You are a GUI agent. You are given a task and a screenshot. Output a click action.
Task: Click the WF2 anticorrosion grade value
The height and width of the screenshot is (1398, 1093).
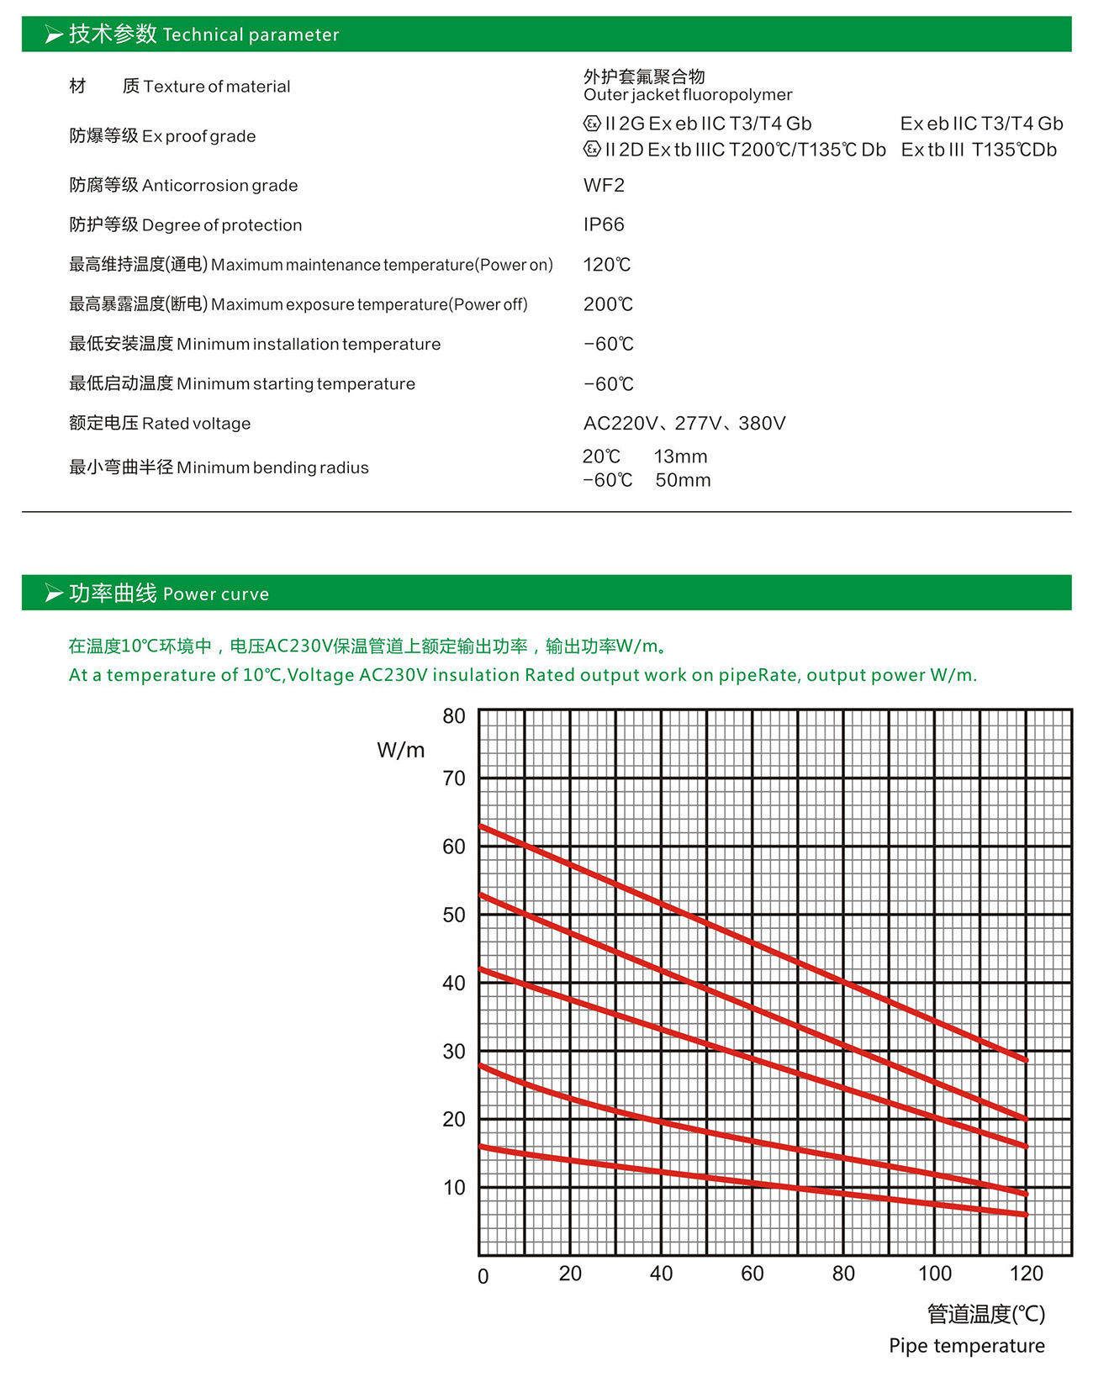click(604, 186)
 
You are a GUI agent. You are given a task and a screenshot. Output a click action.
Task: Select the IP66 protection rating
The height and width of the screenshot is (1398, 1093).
click(604, 224)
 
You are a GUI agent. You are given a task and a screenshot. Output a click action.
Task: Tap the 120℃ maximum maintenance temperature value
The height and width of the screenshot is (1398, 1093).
click(606, 265)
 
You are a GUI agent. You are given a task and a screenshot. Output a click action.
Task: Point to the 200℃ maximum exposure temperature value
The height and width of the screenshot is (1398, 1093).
click(608, 304)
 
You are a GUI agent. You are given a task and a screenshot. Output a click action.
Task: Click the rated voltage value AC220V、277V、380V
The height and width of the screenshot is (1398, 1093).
click(684, 424)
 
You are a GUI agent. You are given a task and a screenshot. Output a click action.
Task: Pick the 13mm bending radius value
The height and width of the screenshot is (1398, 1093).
click(680, 457)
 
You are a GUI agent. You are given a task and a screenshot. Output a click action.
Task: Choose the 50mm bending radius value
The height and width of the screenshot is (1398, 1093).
click(683, 481)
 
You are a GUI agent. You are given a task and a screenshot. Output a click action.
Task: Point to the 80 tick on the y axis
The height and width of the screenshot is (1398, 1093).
click(454, 716)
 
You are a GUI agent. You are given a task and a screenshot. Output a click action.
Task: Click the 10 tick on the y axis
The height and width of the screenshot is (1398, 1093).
click(454, 1188)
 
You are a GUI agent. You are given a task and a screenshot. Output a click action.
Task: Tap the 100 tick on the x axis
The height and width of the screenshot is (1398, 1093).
click(934, 1274)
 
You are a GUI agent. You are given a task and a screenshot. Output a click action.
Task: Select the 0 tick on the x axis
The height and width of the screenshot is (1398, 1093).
click(483, 1276)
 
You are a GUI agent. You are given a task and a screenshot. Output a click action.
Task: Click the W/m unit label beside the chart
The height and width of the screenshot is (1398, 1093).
click(400, 750)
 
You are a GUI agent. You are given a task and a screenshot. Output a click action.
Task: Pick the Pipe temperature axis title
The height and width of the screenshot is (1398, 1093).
click(967, 1346)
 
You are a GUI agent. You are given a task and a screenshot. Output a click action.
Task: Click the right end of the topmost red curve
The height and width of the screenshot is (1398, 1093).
click(1025, 1060)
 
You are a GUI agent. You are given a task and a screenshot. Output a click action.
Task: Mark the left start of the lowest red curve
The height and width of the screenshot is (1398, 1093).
click(481, 1147)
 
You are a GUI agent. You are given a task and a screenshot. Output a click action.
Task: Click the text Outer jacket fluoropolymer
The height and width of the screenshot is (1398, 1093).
click(688, 95)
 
